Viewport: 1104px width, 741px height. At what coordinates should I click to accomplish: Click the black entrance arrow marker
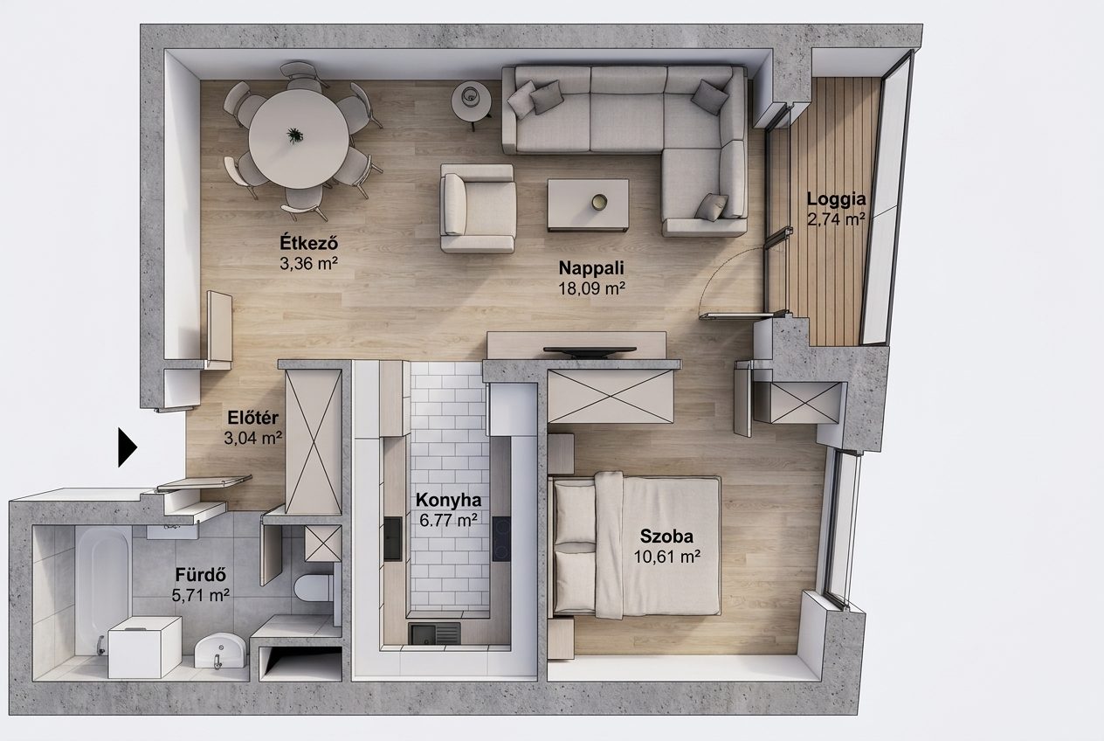tap(127, 447)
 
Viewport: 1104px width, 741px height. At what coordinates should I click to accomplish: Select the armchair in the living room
tap(478, 208)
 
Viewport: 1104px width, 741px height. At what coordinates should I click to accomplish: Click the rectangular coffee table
tap(588, 205)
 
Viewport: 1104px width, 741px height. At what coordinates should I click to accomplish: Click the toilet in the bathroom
tap(314, 587)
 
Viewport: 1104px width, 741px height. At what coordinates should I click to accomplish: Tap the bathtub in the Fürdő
tap(103, 592)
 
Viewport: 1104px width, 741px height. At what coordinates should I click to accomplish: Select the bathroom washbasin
tap(220, 650)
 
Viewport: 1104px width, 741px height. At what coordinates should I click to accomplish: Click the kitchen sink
tap(434, 634)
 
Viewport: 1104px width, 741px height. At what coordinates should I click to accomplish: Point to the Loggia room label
tap(836, 199)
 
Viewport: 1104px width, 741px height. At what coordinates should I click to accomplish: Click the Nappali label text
tap(591, 267)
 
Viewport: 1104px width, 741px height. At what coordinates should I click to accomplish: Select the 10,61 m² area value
tap(666, 557)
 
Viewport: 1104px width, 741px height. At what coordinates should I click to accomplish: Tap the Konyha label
tap(448, 500)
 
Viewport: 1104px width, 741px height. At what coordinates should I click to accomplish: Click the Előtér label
tap(252, 418)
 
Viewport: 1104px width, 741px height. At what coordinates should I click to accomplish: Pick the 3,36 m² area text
tap(308, 264)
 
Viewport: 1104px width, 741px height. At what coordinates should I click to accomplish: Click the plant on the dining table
tap(294, 135)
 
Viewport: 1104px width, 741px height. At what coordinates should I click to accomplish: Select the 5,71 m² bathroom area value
tap(200, 596)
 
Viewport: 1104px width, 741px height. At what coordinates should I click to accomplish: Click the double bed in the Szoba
tap(635, 546)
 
